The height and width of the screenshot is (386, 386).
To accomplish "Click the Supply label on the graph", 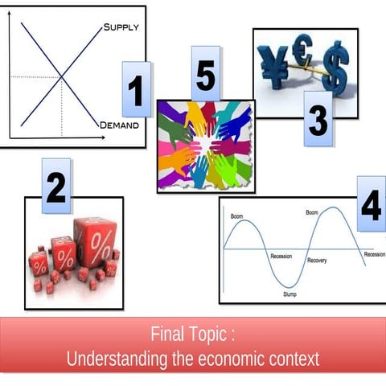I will point(121,27).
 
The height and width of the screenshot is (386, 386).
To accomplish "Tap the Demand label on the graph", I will point(119,125).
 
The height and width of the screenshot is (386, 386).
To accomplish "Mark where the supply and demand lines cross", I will point(62,77).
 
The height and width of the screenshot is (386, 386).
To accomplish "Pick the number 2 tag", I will point(55,187).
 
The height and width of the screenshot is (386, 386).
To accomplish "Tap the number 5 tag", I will point(205,75).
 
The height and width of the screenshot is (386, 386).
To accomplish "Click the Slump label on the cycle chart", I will point(289,294).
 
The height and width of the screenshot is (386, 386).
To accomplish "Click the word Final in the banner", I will point(169,334).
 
